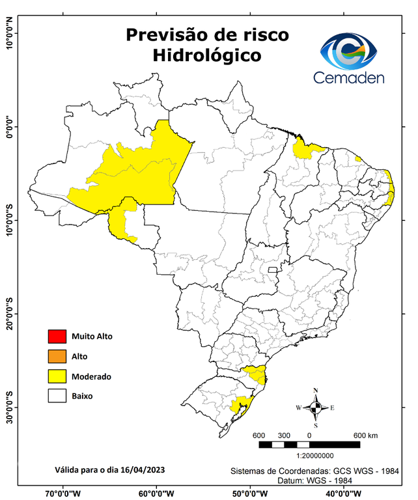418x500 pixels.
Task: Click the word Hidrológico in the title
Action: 207,55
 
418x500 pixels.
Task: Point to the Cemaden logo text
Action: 349,77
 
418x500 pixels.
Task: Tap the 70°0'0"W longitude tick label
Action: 63,493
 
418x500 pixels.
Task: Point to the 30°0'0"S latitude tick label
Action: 9,408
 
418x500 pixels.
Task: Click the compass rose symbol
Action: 316,408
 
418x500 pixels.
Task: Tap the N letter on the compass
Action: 316,391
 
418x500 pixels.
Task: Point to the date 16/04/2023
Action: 142,469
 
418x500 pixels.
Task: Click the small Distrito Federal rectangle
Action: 273,268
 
